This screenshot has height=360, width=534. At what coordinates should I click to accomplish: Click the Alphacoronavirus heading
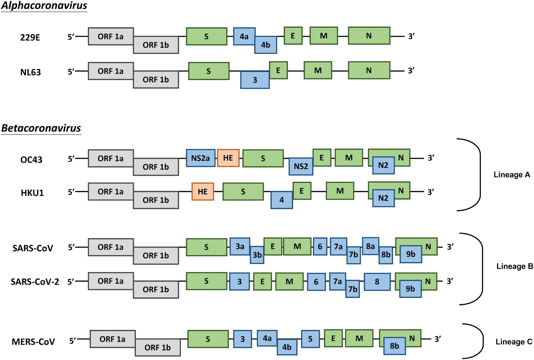[x=44, y=6]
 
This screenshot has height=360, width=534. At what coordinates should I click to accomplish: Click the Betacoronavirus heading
[x=41, y=128]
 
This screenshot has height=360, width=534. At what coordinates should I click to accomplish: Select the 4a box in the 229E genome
[x=244, y=36]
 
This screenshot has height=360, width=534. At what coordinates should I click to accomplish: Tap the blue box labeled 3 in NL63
[x=255, y=80]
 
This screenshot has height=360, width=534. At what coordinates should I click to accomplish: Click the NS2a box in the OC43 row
[x=200, y=158]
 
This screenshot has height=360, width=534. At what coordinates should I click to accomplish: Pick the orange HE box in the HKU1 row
[x=203, y=191]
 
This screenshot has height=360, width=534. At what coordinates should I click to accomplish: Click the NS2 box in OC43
[x=301, y=166]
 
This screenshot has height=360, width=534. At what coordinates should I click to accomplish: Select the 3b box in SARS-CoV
[x=257, y=255]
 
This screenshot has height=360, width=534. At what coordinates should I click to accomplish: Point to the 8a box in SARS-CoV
[x=370, y=246]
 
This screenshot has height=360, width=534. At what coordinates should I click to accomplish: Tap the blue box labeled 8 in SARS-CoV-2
[x=377, y=281]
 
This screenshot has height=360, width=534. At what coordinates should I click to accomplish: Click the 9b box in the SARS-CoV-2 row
[x=410, y=289]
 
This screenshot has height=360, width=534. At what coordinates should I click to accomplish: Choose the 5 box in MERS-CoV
[x=310, y=339]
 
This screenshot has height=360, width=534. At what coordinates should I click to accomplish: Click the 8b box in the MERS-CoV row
[x=394, y=346]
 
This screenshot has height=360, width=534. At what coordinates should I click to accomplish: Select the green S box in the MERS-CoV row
[x=208, y=339]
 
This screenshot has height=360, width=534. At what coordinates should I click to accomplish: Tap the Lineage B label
[x=514, y=266]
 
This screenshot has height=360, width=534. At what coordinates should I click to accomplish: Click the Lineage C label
[x=514, y=342]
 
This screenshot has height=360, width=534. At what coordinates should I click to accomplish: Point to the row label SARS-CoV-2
[x=35, y=282]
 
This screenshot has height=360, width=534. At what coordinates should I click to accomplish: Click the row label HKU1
[x=32, y=193]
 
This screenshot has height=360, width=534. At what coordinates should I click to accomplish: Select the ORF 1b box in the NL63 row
[x=156, y=80]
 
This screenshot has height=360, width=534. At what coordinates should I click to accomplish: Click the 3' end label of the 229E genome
[x=411, y=36]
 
